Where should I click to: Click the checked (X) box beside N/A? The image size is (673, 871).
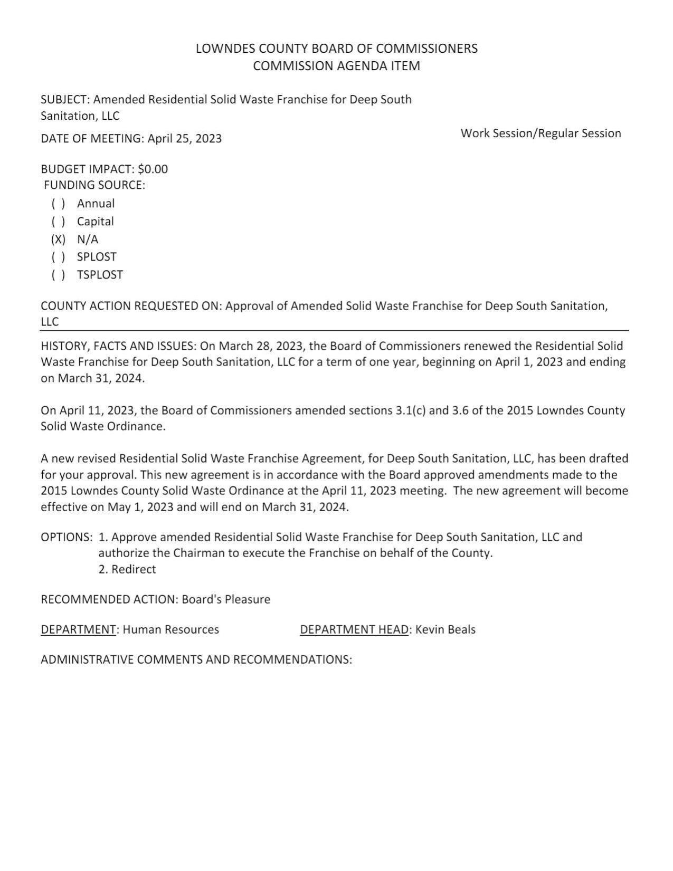click(x=58, y=240)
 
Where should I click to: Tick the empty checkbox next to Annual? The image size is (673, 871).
click(x=58, y=204)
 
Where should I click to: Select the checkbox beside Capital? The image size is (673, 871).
click(x=58, y=222)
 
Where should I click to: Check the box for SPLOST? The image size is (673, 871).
click(x=58, y=257)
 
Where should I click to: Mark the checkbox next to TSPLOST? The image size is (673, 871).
click(x=58, y=275)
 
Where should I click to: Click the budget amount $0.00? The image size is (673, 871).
click(x=153, y=169)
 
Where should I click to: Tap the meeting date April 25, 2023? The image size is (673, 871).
click(x=184, y=139)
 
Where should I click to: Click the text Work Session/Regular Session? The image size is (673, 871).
click(x=541, y=133)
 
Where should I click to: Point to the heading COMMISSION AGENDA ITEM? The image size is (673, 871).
click(x=336, y=66)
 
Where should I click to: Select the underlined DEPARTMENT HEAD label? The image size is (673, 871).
click(x=354, y=629)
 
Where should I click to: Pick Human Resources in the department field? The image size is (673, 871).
click(x=170, y=629)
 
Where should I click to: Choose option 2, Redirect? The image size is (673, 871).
click(x=127, y=569)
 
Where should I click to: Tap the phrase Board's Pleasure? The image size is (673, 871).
click(x=226, y=599)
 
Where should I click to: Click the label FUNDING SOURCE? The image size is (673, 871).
click(x=94, y=185)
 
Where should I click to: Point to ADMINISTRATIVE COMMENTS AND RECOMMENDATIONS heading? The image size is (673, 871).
click(x=196, y=659)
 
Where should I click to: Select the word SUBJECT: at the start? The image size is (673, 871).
click(x=65, y=100)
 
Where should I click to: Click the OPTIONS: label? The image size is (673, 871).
click(x=67, y=537)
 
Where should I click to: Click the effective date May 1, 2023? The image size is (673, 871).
click(x=140, y=507)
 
